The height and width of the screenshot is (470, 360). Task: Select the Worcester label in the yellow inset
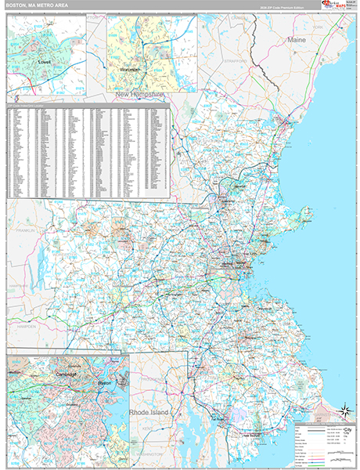point(131,70)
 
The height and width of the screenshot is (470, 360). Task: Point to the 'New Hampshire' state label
point(141,94)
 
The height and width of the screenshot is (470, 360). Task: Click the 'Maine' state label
point(297,38)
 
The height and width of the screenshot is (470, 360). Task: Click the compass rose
point(344,410)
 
